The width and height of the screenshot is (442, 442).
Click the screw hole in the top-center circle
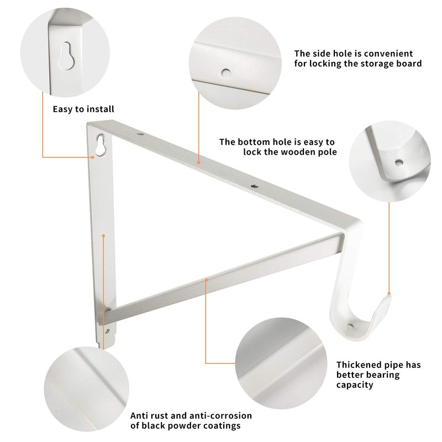click(225, 72)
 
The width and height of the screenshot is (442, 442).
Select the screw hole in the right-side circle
click(399, 164)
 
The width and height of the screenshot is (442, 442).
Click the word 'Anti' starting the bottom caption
click(140, 415)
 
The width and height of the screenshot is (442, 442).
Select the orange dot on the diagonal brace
click(206, 281)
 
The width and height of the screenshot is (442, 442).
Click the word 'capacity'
click(355, 385)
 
